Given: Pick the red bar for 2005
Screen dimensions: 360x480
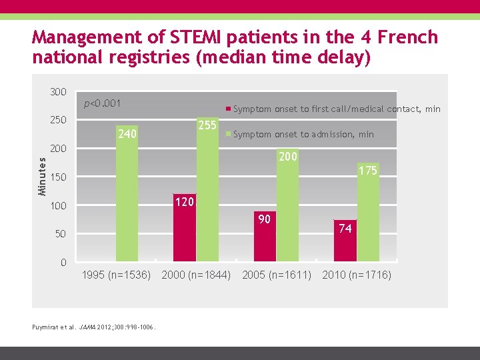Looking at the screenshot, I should pyautogui.click(x=265, y=240).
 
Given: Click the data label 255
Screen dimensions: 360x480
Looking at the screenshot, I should pyautogui.click(x=207, y=125).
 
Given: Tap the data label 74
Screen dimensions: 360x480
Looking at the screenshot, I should pyautogui.click(x=345, y=229).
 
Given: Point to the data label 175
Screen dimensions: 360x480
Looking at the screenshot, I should pyautogui.click(x=368, y=171).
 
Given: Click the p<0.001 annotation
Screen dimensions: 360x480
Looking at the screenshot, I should pyautogui.click(x=102, y=103).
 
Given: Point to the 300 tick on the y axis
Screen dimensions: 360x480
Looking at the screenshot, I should pyautogui.click(x=59, y=92).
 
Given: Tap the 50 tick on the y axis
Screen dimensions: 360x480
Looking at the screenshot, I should pyautogui.click(x=61, y=234).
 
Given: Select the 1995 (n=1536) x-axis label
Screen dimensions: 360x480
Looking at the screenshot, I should pyautogui.click(x=116, y=275).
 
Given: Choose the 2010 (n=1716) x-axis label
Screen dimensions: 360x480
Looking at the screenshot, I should pyautogui.click(x=357, y=275).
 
